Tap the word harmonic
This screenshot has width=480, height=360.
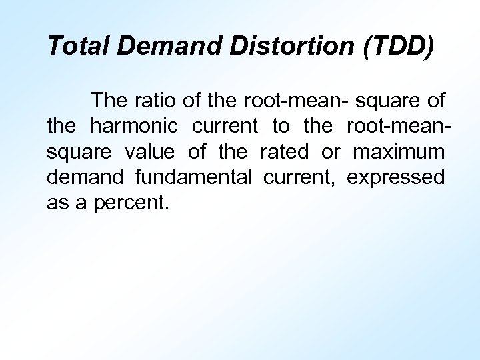[134, 126]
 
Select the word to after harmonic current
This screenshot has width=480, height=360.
[281, 126]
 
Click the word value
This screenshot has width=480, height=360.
[149, 152]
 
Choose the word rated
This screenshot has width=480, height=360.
[284, 152]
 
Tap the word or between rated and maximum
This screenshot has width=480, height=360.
[331, 152]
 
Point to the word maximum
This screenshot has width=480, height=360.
[399, 152]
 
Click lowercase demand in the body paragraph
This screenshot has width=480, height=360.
[85, 177]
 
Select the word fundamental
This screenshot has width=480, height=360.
[193, 177]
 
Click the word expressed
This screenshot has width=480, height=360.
[395, 178]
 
